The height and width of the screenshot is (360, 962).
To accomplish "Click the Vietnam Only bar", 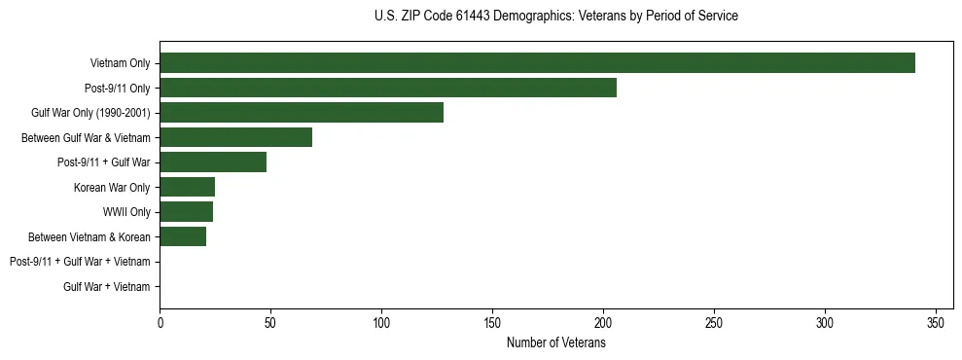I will [x=537, y=63].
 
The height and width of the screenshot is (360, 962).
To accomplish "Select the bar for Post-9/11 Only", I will [x=388, y=88].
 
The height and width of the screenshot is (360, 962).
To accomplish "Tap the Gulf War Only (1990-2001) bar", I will [x=302, y=113].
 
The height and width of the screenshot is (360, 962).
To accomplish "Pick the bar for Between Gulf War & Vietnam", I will [x=235, y=137].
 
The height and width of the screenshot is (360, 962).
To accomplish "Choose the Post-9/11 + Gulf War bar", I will [x=213, y=162].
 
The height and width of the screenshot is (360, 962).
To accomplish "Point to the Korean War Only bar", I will [x=187, y=187].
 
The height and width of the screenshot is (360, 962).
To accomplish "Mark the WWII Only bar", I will [x=186, y=211].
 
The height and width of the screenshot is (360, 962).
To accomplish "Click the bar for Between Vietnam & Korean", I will [x=183, y=236].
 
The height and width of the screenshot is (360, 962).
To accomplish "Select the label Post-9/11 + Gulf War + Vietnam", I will [x=80, y=261].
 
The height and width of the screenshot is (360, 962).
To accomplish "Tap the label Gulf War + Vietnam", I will [x=107, y=286].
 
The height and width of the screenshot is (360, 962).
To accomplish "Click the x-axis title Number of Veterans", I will [x=555, y=343].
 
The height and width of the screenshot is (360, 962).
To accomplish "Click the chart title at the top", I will [x=555, y=17].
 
